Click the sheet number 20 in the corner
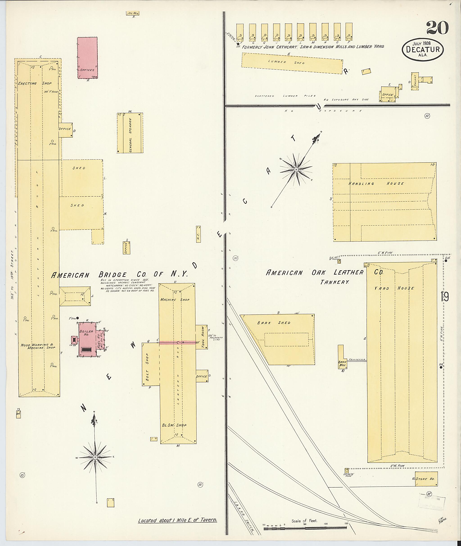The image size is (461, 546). click(438, 28)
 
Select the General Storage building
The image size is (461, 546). click(130, 133)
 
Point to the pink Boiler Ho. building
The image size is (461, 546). click(86, 339)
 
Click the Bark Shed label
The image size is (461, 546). click(274, 323)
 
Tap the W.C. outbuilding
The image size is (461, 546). click(198, 234)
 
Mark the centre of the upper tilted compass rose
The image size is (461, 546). click(296, 170)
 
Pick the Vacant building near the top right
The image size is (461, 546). click(415, 81)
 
